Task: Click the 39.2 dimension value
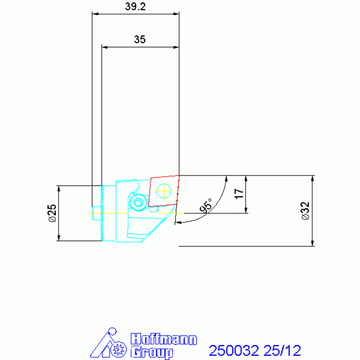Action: [x=135, y=7]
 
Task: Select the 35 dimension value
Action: [x=139, y=39]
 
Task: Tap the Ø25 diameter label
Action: [x=53, y=213]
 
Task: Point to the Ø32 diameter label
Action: [x=306, y=211]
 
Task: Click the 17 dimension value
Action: [x=239, y=194]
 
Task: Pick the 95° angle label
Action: [x=206, y=206]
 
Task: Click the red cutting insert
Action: [x=164, y=191]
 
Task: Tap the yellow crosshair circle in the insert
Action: [x=164, y=191]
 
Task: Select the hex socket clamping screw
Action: [x=138, y=202]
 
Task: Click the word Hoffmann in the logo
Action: [x=164, y=339]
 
